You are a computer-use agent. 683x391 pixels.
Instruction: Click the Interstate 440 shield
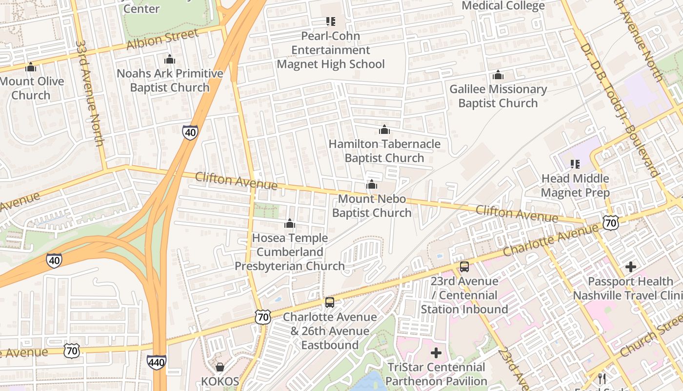coord(157,362)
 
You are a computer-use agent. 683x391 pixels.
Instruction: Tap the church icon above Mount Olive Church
coord(31,67)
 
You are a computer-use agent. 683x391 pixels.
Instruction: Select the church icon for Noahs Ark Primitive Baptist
coord(170,60)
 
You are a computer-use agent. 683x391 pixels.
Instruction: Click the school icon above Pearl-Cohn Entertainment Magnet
coord(331,22)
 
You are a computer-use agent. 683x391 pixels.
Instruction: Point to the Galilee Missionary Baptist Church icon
coord(498,75)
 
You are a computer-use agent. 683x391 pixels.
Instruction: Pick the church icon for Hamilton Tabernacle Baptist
coord(384,130)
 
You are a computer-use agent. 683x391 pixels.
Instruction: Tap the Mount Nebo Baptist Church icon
coord(372,185)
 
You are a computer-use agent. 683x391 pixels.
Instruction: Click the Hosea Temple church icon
coord(290,224)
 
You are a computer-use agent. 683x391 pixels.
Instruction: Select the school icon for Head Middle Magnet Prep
coord(575,164)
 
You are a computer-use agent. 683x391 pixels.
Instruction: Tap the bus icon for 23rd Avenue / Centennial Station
coord(464,267)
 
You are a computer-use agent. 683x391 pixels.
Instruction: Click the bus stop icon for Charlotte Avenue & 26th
coord(330,303)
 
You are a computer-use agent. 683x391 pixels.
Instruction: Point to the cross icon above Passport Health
coord(631,267)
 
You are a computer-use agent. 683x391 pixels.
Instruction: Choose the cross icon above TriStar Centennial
coord(436,352)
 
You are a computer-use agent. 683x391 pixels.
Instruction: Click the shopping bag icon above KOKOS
coord(220,367)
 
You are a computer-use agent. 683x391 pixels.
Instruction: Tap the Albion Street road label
coord(162,39)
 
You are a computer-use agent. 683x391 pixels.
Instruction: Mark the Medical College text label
coord(503,6)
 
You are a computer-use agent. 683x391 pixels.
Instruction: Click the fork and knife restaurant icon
coord(602,379)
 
